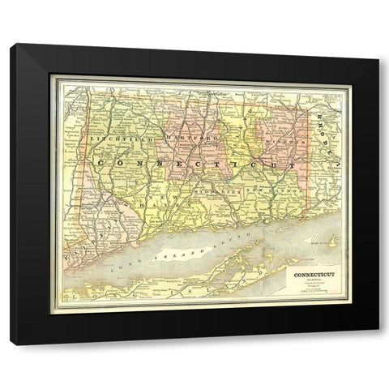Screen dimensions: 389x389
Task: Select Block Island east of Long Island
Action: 331,241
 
